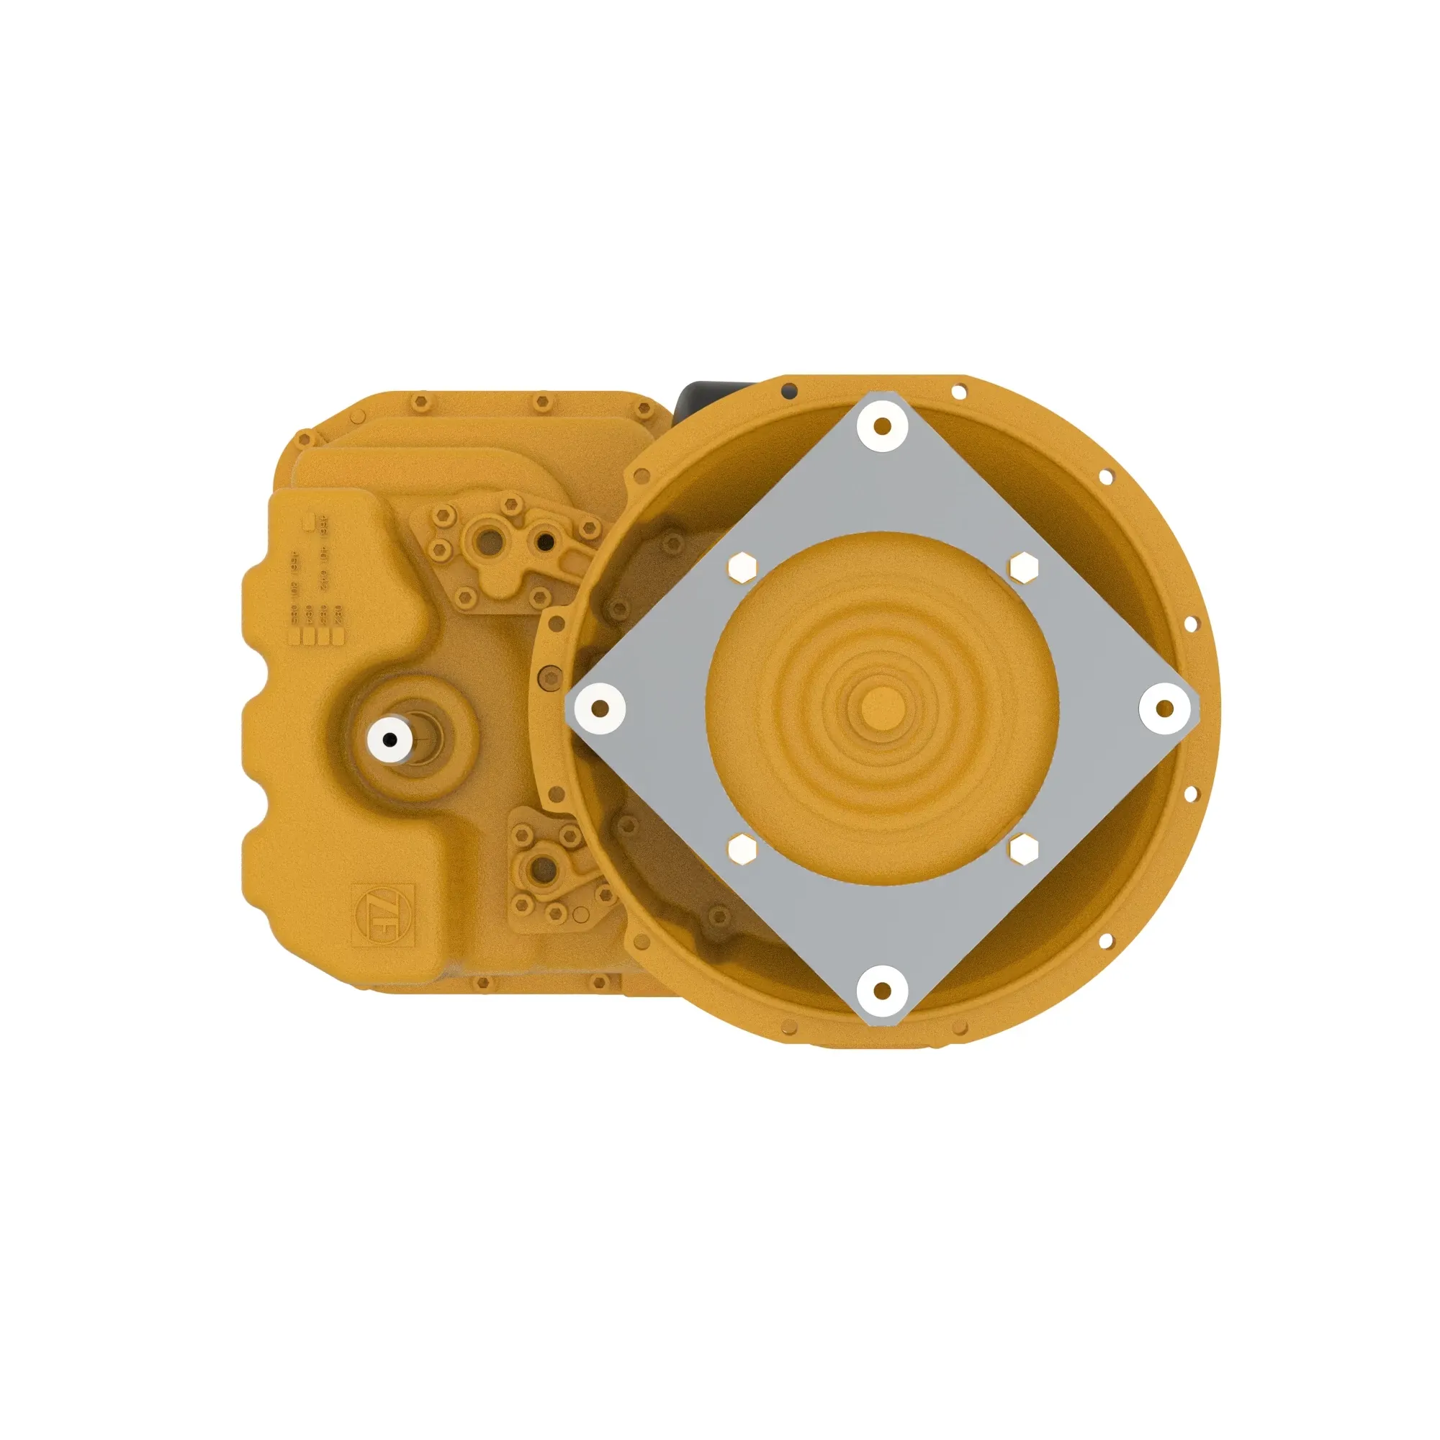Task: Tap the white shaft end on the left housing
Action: click(x=390, y=739)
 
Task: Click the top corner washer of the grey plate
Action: click(x=882, y=427)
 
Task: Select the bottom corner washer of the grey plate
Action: click(x=882, y=991)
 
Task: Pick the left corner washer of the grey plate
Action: click(x=600, y=707)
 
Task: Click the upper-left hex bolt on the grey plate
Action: click(x=741, y=567)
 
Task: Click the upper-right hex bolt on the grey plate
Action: click(x=1023, y=567)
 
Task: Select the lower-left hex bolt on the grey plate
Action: click(x=741, y=850)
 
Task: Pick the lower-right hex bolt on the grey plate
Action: click(x=1022, y=849)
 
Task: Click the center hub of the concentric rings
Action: click(x=882, y=706)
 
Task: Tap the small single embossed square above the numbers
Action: click(x=306, y=523)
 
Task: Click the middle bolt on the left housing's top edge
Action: click(x=538, y=403)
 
